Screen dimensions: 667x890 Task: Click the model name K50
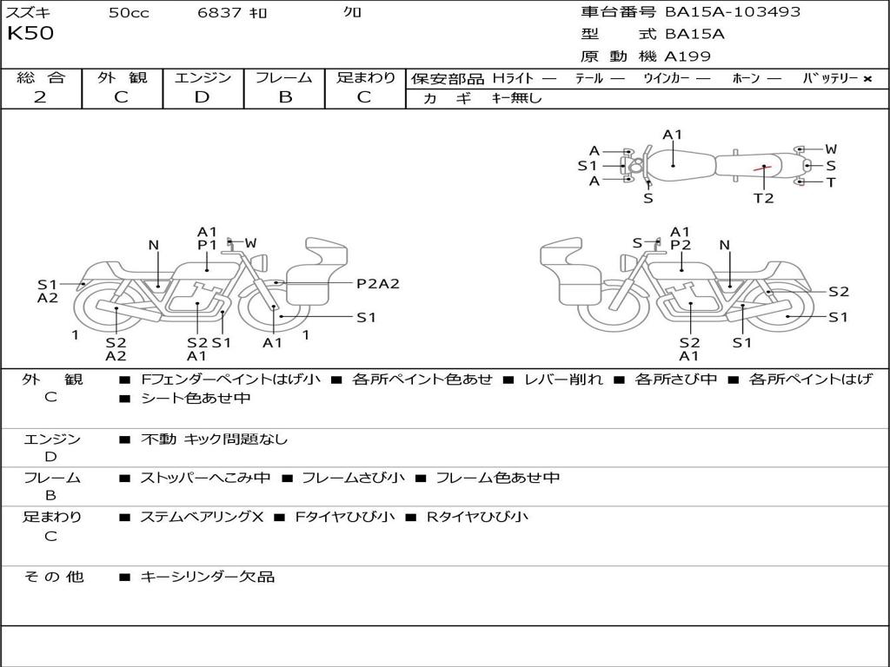[30, 34]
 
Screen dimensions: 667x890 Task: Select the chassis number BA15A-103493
[733, 12]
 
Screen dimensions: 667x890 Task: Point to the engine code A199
[687, 56]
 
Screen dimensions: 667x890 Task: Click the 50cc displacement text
[129, 13]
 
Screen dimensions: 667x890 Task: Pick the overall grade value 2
[40, 97]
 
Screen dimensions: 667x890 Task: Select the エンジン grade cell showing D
[203, 97]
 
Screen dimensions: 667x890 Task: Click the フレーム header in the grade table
[283, 77]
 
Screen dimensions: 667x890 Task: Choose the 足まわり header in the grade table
[366, 77]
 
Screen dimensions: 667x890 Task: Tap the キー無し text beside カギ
[517, 98]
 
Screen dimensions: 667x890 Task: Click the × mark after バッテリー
[867, 78]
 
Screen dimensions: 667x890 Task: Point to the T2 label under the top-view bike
[763, 198]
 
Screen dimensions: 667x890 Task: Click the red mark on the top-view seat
[762, 167]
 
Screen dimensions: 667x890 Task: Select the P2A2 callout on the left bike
[378, 283]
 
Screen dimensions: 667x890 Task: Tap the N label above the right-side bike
[725, 246]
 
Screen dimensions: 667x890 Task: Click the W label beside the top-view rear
[831, 149]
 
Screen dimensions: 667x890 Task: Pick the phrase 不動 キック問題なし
[214, 439]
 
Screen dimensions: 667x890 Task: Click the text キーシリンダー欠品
[208, 576]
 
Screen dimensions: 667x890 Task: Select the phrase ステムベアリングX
[202, 517]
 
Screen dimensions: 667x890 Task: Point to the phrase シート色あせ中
[196, 398]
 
